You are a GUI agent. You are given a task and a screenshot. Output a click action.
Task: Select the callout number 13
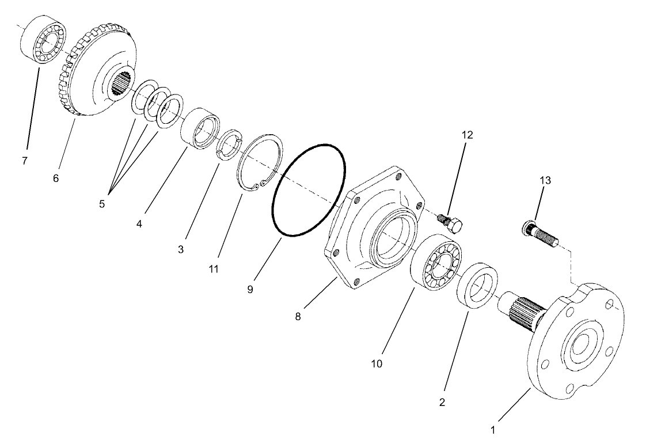coord(545,180)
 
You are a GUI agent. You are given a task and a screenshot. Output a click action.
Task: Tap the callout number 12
coord(466,135)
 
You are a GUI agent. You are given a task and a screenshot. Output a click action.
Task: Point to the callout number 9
coord(250,289)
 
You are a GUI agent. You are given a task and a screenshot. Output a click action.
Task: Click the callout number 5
coord(101,204)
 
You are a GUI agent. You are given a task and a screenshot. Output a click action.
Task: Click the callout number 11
coord(214,269)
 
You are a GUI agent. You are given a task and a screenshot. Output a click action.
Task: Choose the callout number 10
coord(377,364)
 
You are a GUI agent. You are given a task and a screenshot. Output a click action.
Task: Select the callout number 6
coord(56,179)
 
